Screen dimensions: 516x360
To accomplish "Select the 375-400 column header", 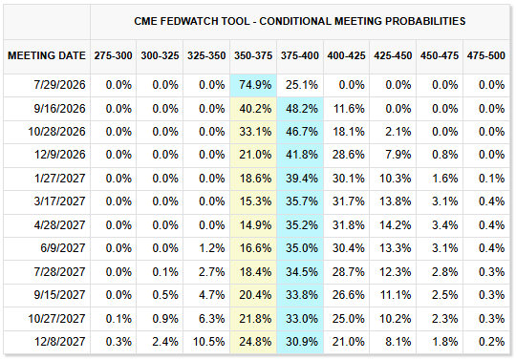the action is pos(299,55).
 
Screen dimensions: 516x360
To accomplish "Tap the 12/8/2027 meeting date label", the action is pos(60,342).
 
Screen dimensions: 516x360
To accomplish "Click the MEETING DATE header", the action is pos(47,55).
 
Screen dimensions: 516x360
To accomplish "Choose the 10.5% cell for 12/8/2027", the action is pos(208,342).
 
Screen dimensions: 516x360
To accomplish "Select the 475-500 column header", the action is pos(485,55).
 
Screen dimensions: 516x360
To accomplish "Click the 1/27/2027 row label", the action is pos(60,179).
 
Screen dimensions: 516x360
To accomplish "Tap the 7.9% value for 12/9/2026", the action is pos(398,155).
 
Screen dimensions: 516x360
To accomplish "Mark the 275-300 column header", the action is pos(113,55).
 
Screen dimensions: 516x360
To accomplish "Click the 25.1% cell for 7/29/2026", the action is pos(302,85).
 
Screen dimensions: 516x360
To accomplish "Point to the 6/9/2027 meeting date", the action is pos(63,248).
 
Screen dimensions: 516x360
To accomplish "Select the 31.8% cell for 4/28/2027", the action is pos(349,225).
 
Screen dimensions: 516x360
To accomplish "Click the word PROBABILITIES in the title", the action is pos(425,21).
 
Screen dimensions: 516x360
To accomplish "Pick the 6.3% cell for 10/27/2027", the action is pos(211,319).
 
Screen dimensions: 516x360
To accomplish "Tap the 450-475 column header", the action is pos(440,55).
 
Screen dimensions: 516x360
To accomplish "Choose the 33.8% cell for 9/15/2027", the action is pos(302,295).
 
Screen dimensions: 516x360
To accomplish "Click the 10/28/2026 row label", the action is pos(57,132).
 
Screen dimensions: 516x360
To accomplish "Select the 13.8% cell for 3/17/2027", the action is pos(396,201).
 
